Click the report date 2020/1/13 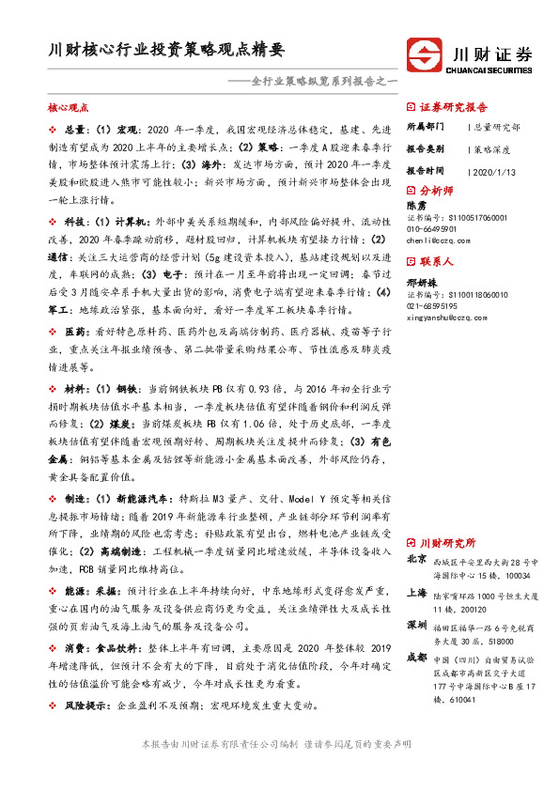click(491, 172)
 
